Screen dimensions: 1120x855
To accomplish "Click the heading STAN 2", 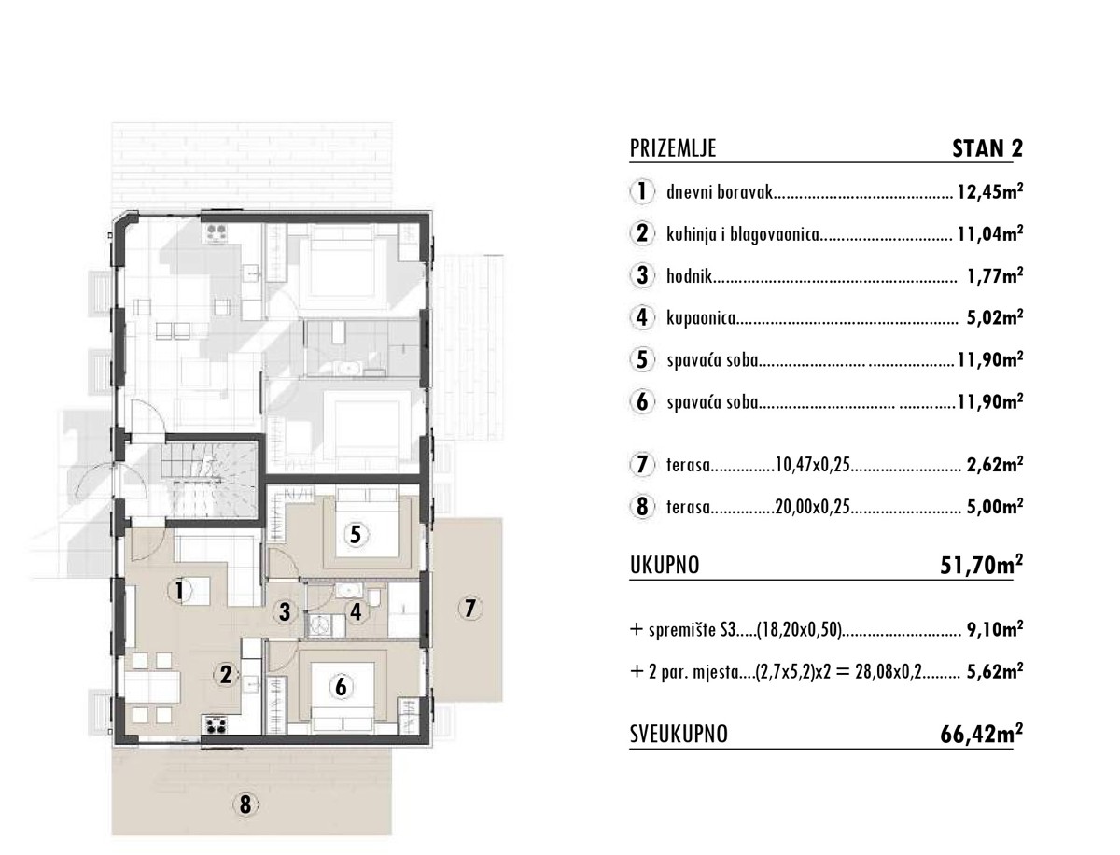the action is click(987, 148).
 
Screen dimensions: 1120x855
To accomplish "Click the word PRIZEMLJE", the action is click(673, 148).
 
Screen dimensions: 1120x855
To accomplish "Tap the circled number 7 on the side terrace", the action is click(470, 608).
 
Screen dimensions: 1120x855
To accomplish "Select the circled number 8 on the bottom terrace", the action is click(245, 805).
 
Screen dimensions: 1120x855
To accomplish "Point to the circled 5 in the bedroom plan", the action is click(356, 535).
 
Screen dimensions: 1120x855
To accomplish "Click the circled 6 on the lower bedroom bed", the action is click(342, 687).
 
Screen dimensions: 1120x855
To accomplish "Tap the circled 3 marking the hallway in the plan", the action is click(285, 611).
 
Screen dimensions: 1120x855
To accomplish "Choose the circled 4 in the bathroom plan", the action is click(357, 611).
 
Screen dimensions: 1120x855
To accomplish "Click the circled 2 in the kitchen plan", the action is click(226, 675).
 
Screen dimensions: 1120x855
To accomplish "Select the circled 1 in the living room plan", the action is click(179, 591).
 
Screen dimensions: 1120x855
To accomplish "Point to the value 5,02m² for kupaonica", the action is click(995, 317).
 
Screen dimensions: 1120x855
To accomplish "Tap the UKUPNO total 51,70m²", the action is click(982, 565).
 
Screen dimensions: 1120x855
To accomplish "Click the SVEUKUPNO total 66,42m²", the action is click(982, 734).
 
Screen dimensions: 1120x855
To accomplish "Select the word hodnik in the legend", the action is click(689, 276).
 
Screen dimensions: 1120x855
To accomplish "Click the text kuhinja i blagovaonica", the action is click(743, 234).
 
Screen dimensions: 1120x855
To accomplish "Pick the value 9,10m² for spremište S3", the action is click(995, 629).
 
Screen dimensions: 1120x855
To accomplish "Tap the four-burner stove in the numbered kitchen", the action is click(216, 725).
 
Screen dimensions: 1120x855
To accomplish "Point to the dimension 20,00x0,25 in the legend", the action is click(813, 507).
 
